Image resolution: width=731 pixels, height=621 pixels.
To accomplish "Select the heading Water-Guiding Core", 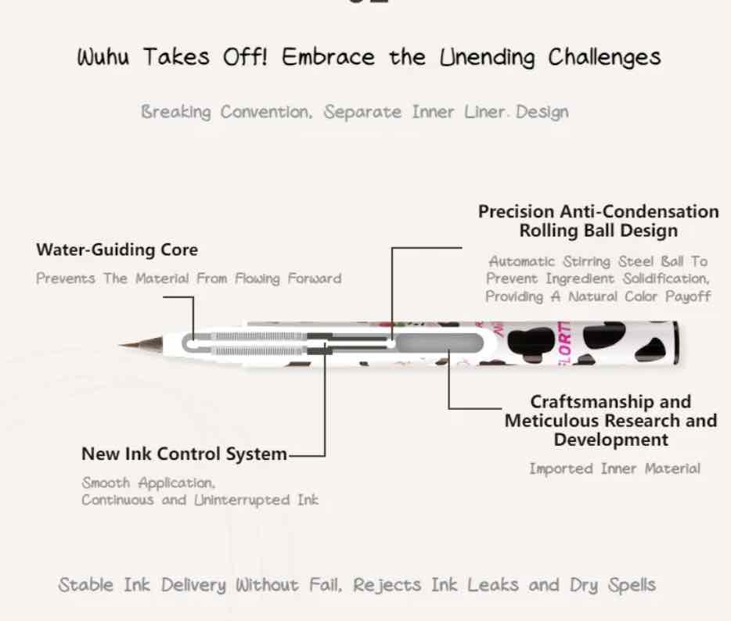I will pos(117,250).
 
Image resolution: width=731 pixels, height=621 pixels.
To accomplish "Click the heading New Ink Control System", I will pos(184,454).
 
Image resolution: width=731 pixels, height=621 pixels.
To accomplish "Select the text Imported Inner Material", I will pos(614,468).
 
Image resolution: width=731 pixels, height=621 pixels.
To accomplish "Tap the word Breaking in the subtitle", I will pos(176,112).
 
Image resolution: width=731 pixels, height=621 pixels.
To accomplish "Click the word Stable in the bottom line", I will pos(87,585).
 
